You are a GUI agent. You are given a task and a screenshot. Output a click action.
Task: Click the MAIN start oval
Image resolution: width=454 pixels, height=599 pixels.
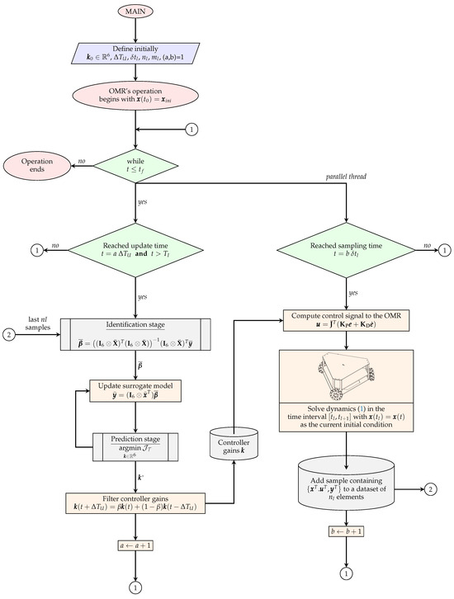pos(135,13)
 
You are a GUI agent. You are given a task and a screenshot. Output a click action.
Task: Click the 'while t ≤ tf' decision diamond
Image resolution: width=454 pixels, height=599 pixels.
pos(135,165)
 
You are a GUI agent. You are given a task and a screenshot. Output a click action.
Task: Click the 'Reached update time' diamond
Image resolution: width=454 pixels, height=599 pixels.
pos(135,249)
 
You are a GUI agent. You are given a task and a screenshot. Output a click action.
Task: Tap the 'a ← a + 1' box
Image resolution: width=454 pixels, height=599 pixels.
pos(135,545)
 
